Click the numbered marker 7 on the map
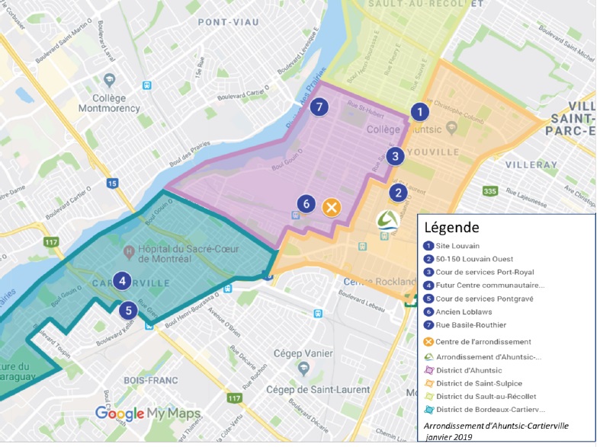coord(319,107)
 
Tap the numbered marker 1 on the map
coord(418,112)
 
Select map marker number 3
coord(394,156)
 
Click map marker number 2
coord(397,193)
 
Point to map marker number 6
coord(306,203)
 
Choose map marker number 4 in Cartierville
coord(122,281)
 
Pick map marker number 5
coord(128,310)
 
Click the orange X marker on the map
coord(331,207)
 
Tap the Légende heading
coord(451,227)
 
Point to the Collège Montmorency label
coord(111,103)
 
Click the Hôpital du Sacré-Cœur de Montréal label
coord(181,251)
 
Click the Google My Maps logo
coord(148,414)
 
